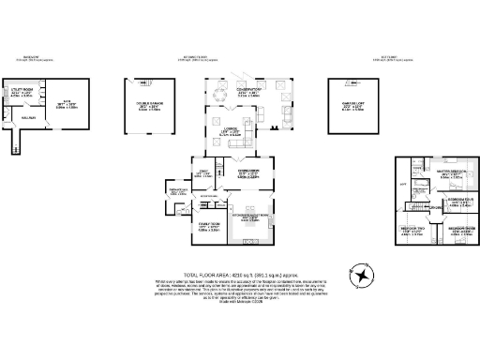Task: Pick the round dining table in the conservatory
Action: coord(222,92)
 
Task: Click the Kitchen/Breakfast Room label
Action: coord(250,217)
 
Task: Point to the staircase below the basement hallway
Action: coord(13,142)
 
